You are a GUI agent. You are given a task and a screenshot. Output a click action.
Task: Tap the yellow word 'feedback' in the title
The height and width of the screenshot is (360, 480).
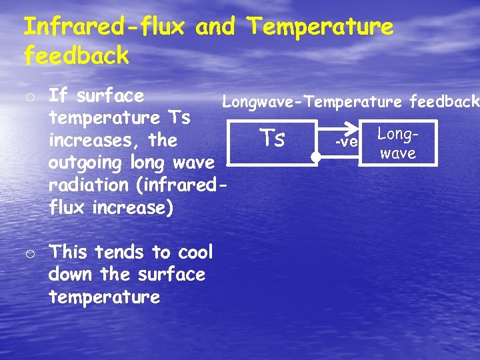point(76,56)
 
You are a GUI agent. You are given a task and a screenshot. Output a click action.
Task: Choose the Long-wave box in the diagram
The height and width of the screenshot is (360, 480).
point(398,143)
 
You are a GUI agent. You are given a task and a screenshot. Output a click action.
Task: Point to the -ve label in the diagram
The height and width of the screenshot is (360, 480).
point(346,141)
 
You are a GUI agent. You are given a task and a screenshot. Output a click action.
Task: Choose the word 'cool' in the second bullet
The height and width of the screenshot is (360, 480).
point(195,252)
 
